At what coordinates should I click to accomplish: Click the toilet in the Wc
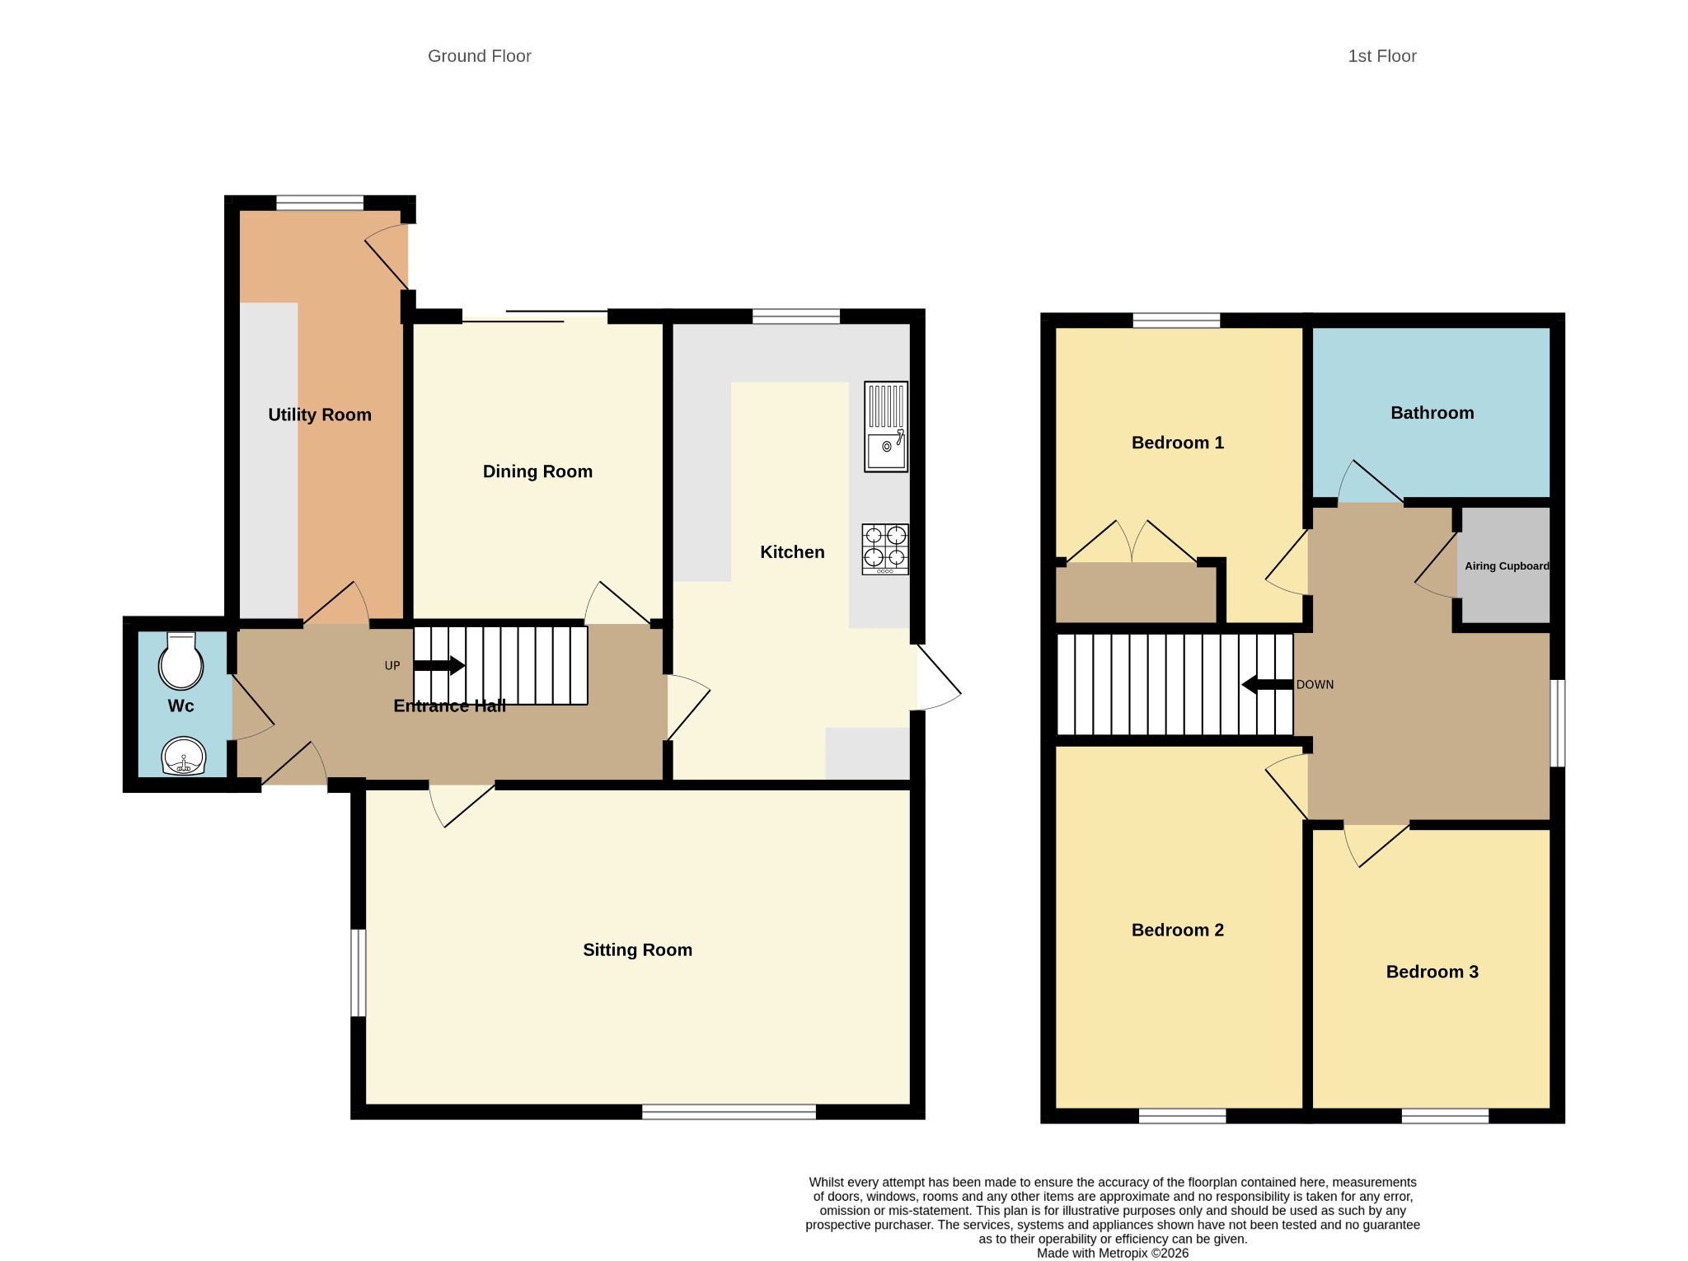pos(181,660)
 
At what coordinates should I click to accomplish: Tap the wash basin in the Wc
pos(183,756)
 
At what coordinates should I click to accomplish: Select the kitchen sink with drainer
pos(886,426)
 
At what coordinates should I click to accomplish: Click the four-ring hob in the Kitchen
pos(885,549)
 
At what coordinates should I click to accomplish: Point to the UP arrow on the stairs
pos(439,665)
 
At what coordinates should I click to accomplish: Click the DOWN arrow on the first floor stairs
pos(1267,684)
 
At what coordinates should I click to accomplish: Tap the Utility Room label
pos(320,415)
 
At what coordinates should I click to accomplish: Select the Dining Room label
pos(537,471)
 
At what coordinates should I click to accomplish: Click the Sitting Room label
pos(637,949)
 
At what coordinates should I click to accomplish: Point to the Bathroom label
pos(1432,413)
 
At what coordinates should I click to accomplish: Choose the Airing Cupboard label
pos(1507,566)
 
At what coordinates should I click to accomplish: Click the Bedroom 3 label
pos(1432,972)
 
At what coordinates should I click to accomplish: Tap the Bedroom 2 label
pos(1178,930)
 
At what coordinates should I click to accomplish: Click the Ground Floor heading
pos(480,56)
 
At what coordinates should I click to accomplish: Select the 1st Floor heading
pos(1382,56)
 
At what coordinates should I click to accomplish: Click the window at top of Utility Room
pos(320,203)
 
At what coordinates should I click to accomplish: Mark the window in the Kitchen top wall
pos(796,316)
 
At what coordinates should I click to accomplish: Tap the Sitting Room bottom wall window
pos(729,1112)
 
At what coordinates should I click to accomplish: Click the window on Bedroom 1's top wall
pos(1176,321)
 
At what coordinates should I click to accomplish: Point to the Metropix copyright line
pos(1113,1253)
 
